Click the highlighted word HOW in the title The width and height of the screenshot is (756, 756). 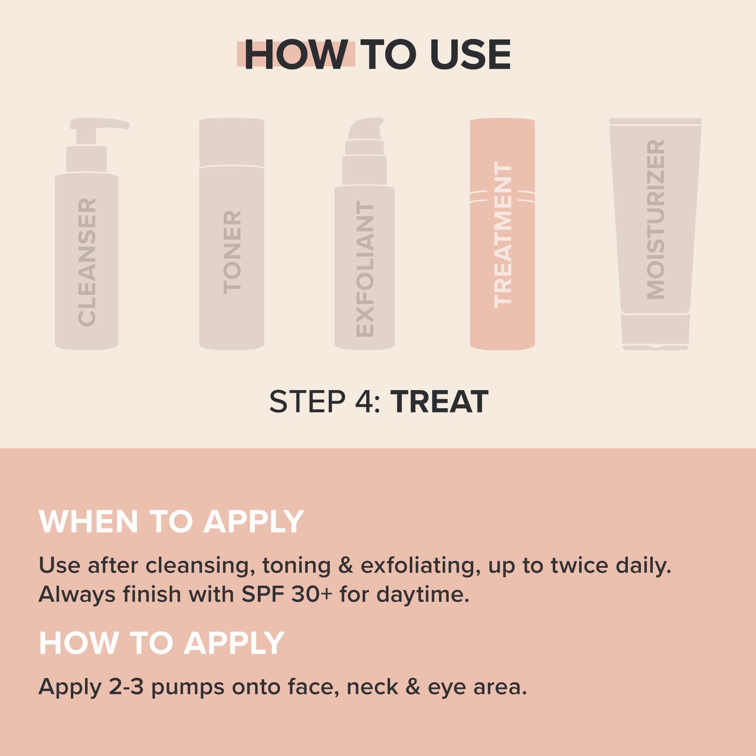tap(296, 55)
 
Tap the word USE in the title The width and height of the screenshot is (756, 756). tap(470, 55)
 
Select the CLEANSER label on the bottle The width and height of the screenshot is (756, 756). tap(87, 262)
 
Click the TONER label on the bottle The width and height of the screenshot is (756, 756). tap(232, 253)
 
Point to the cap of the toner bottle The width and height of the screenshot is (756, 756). tap(232, 143)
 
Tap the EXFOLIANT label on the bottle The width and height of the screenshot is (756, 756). tap(365, 269)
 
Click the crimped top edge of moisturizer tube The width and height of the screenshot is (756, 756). tap(655, 121)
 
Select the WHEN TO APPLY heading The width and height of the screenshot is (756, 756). tap(171, 521)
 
